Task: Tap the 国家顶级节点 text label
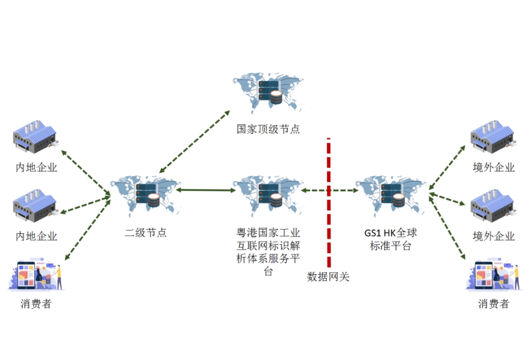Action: point(268,129)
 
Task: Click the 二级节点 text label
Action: point(145,232)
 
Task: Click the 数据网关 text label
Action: point(328,277)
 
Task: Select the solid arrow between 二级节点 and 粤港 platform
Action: point(205,190)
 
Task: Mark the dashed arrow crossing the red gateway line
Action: point(329,190)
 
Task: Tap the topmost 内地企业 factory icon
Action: point(35,138)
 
